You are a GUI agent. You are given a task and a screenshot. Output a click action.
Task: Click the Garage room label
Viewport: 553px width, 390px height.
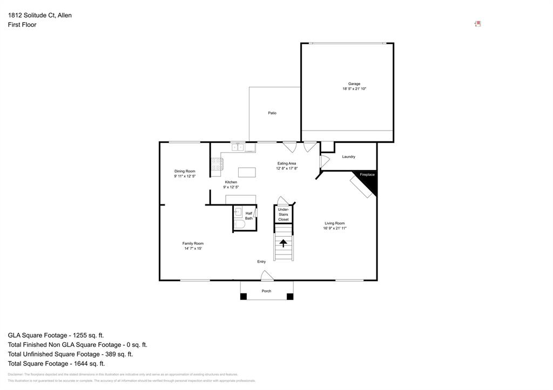click(x=354, y=84)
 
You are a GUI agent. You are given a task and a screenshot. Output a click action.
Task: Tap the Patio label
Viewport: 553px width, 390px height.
click(x=272, y=113)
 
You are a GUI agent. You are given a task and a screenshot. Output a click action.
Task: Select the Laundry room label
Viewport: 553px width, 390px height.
click(x=348, y=156)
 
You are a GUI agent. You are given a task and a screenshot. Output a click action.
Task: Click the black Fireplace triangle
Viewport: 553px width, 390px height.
click(x=369, y=181)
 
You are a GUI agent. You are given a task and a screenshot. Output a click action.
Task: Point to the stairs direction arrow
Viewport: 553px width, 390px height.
click(x=283, y=243)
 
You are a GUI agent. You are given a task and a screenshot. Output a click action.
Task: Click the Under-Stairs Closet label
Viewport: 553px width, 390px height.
click(x=284, y=214)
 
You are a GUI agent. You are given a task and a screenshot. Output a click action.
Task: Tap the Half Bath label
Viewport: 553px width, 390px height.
click(x=249, y=216)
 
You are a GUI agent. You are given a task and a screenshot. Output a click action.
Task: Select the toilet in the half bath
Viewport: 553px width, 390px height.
click(x=239, y=224)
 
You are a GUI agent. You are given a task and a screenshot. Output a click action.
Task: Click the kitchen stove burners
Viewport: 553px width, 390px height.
click(x=216, y=163)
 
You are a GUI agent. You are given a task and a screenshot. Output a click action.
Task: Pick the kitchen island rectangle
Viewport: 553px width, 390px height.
click(x=247, y=173)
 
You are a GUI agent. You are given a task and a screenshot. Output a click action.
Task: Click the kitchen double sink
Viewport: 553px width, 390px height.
click(x=238, y=147)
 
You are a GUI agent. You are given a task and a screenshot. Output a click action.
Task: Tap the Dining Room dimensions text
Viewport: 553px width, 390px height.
click(x=184, y=176)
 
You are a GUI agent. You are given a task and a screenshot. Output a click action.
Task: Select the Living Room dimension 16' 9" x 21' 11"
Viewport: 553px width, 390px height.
click(x=334, y=228)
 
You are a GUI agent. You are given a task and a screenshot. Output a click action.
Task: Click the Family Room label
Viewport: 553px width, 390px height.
click(x=193, y=243)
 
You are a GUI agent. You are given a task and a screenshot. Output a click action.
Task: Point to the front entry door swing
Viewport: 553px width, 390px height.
click(x=266, y=276)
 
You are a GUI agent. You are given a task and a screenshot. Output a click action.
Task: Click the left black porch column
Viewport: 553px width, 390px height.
click(x=244, y=296)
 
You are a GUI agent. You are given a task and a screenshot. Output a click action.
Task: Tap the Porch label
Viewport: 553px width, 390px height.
click(x=267, y=291)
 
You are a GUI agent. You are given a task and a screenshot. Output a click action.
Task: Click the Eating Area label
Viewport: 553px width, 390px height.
click(x=287, y=163)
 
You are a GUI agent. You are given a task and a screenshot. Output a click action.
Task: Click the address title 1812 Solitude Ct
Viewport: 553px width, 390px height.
click(x=39, y=15)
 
